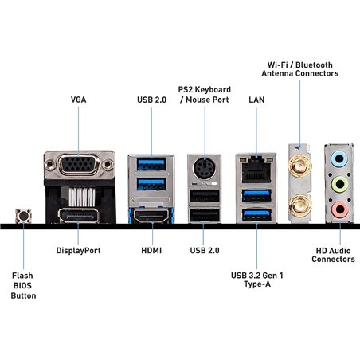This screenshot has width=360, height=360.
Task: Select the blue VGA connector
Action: [x=78, y=167]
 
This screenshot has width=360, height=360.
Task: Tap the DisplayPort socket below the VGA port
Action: [x=78, y=215]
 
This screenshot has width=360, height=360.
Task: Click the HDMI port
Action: [x=147, y=215]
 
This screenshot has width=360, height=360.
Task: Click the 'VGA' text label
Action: [x=79, y=100]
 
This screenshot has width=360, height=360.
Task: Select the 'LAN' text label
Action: [x=256, y=100]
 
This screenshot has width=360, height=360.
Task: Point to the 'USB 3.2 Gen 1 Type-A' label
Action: [x=256, y=281]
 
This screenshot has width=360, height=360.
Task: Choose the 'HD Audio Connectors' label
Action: [x=333, y=254]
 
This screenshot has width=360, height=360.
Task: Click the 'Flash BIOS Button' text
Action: [x=23, y=284]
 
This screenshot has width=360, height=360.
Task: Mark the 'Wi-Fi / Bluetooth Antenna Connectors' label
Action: [x=299, y=68]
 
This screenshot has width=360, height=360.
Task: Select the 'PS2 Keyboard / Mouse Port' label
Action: [x=204, y=94]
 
